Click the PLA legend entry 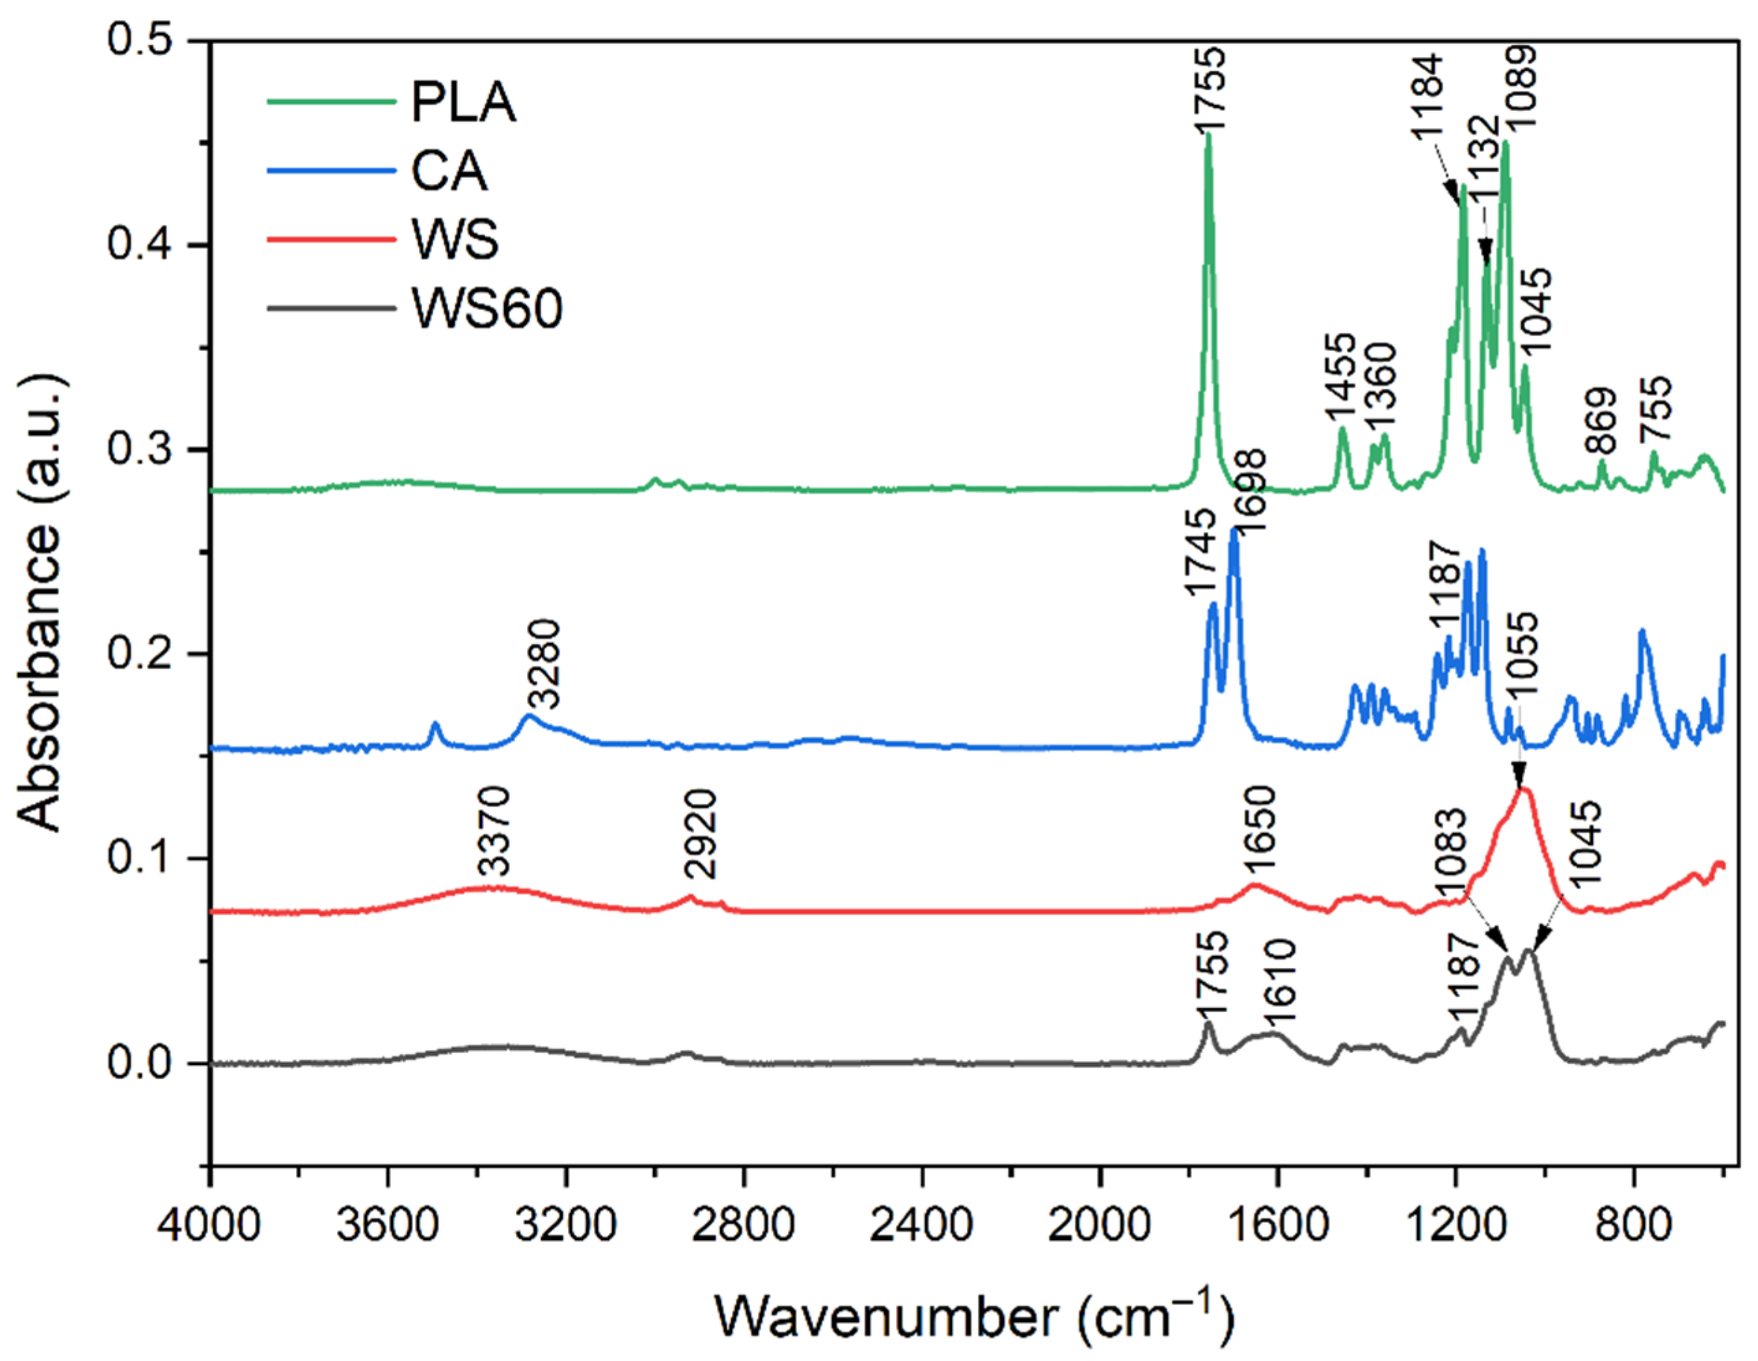pos(463,102)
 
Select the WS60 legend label pos(486,307)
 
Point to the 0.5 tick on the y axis pos(143,40)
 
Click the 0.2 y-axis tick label pos(143,654)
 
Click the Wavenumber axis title pos(974,1317)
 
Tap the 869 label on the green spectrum pos(1601,422)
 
